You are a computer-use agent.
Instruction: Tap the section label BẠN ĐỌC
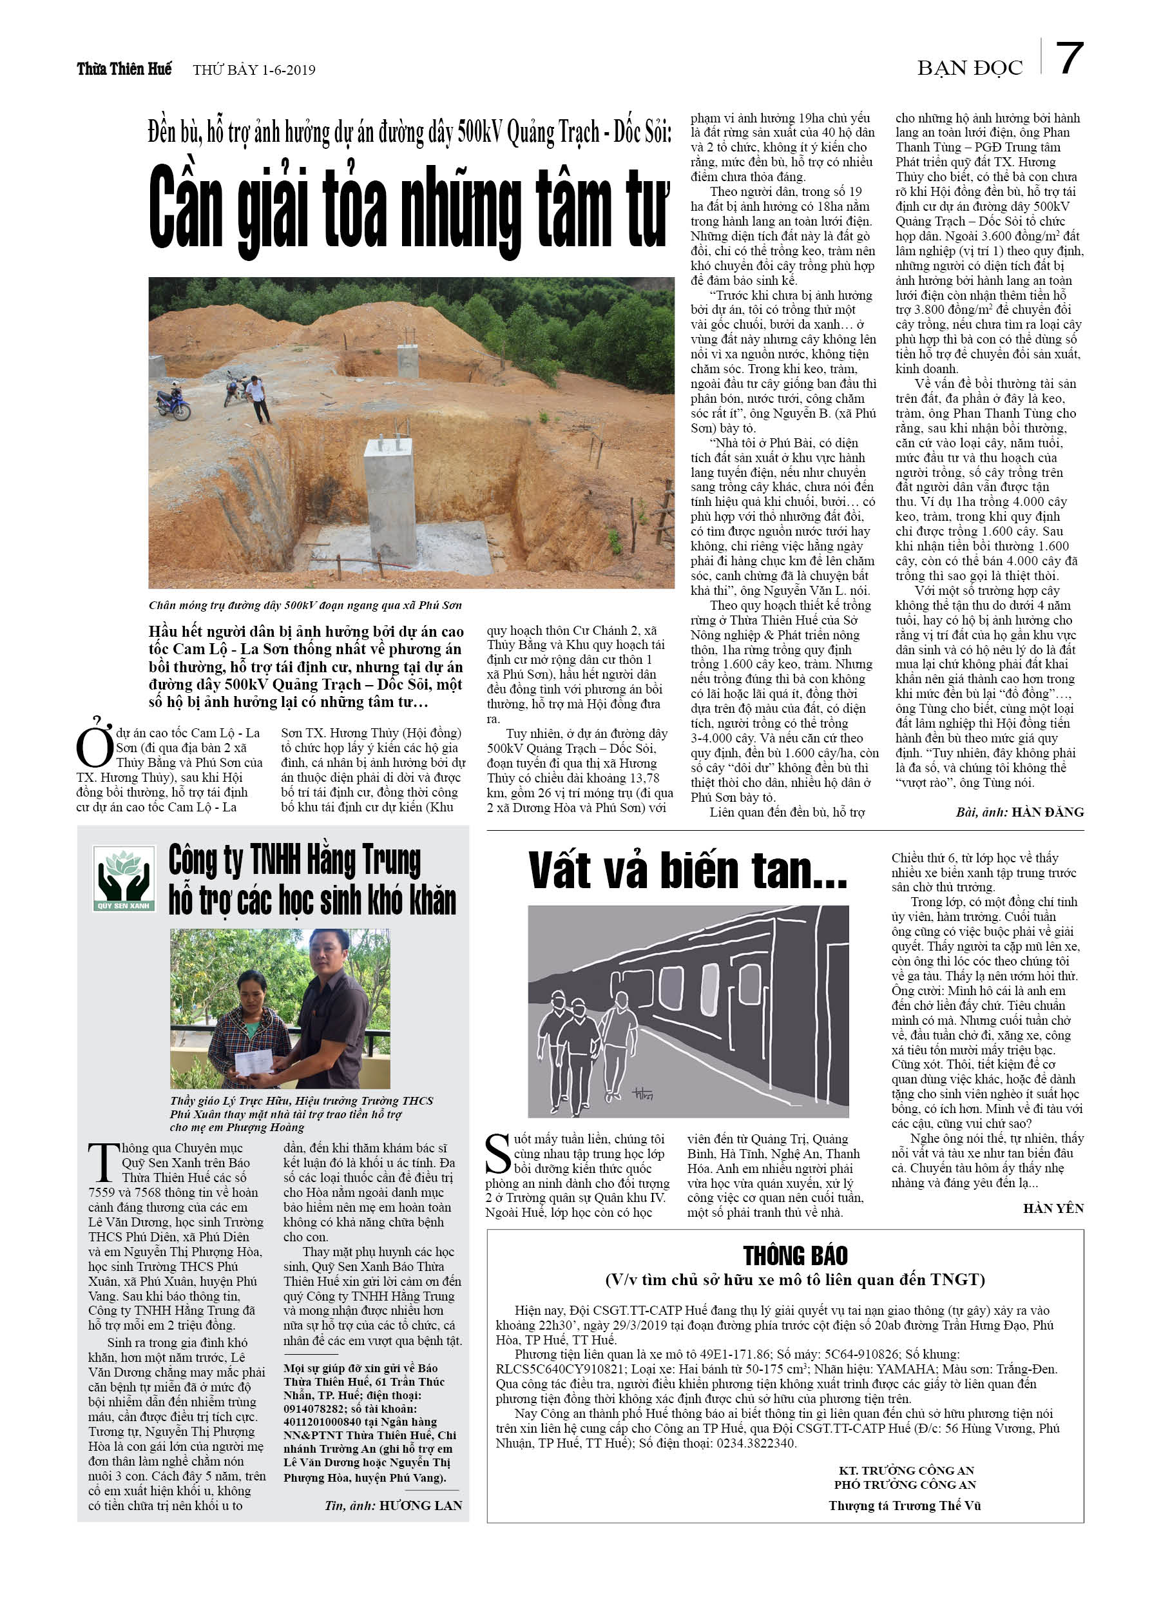969,68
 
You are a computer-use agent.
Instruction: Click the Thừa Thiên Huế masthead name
124,69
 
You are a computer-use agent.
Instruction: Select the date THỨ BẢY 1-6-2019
254,70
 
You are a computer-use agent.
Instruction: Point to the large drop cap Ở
95,744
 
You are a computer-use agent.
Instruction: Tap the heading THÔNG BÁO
794,1255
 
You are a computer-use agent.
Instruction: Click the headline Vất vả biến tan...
687,870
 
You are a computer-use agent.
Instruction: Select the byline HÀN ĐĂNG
1047,812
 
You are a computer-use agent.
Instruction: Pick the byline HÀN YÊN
1053,1208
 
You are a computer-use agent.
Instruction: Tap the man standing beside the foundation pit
257,398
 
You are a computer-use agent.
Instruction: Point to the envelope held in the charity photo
253,1061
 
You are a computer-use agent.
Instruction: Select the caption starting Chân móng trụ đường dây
305,605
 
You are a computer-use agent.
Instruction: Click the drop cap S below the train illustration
497,1154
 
